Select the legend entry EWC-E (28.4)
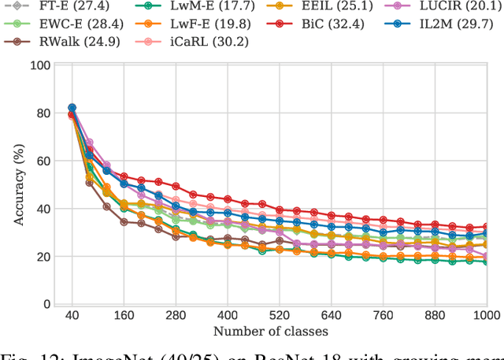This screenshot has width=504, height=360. click(69, 24)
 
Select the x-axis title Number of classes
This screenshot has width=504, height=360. click(270, 331)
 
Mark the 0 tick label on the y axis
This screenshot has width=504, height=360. click(47, 305)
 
